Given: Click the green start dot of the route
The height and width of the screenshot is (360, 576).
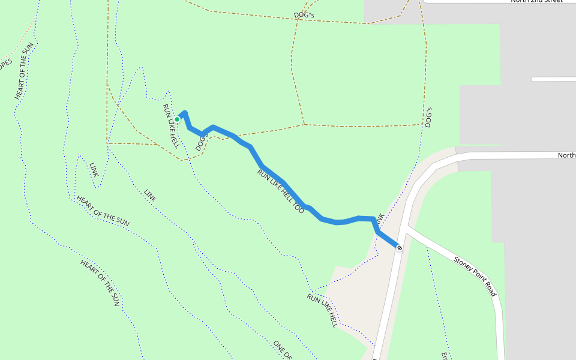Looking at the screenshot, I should pyautogui.click(x=177, y=119).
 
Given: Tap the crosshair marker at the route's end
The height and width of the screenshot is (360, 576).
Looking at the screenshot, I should pyautogui.click(x=399, y=247).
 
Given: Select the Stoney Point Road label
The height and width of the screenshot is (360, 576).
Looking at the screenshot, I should pyautogui.click(x=475, y=276).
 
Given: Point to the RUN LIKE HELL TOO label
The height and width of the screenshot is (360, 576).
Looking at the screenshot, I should pyautogui.click(x=281, y=191).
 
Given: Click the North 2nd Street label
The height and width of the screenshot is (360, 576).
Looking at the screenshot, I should pyautogui.click(x=536, y=1).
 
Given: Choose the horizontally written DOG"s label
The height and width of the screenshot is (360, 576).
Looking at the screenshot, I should pyautogui.click(x=304, y=14).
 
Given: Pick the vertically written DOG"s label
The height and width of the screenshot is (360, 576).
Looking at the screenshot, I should pyautogui.click(x=428, y=118).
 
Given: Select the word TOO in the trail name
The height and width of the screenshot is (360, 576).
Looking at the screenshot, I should pyautogui.click(x=298, y=208).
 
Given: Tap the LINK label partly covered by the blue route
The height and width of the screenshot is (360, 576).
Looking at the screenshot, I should pyautogui.click(x=380, y=221).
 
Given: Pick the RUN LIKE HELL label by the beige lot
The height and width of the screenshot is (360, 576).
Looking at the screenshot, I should pyautogui.click(x=322, y=310).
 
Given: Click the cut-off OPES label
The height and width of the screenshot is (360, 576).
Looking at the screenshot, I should pyautogui.click(x=5, y=64).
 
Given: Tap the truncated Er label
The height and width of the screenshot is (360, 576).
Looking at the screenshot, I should pyautogui.click(x=445, y=356).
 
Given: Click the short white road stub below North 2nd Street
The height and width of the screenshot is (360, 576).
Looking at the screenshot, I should pyautogui.click(x=553, y=79).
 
